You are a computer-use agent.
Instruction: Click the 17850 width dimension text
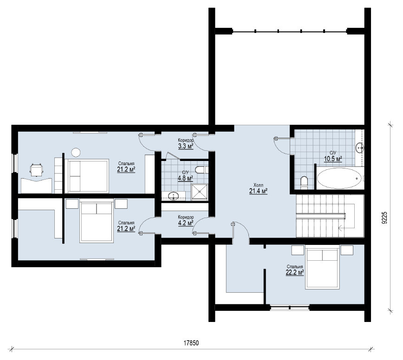click(191, 343)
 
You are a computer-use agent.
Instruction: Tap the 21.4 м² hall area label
click(258, 191)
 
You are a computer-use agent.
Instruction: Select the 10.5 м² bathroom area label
click(333, 159)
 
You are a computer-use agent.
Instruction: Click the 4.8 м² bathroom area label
click(185, 178)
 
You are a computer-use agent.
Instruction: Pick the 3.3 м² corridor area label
click(185, 146)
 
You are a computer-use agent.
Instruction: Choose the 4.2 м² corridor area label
click(186, 223)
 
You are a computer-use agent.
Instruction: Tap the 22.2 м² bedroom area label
click(295, 272)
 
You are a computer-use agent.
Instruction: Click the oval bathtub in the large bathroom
click(340, 178)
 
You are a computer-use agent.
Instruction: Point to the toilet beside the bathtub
click(304, 182)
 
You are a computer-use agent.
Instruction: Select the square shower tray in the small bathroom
click(200, 192)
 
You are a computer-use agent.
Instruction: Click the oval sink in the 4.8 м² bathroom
click(174, 196)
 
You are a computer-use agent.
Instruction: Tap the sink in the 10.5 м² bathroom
click(360, 148)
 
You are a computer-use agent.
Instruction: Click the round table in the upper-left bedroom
click(76, 152)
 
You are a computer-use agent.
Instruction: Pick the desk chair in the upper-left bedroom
click(36, 170)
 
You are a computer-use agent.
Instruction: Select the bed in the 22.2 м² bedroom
click(322, 267)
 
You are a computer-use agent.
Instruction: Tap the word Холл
click(258, 185)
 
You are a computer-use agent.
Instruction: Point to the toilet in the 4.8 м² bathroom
click(201, 170)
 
